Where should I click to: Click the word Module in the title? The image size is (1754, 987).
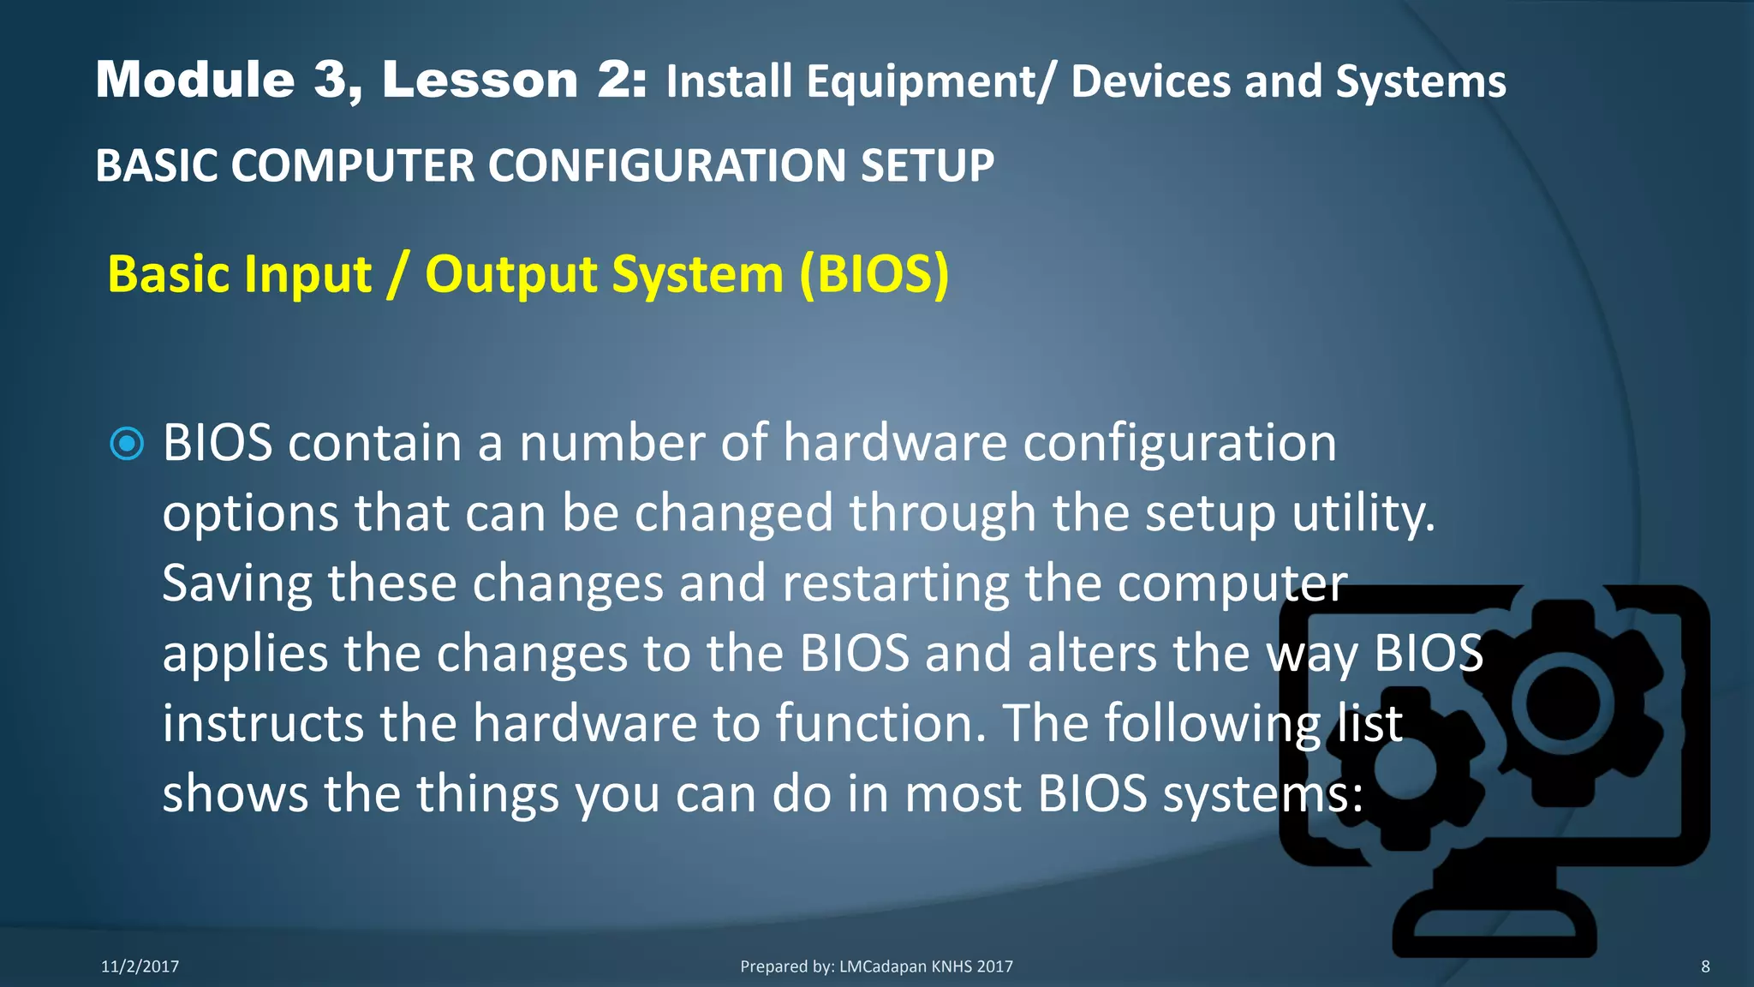(195, 80)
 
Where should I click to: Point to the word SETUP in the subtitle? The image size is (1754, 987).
(927, 165)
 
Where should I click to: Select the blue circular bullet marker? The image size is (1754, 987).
(128, 444)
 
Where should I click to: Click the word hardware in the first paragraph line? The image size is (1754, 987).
(895, 443)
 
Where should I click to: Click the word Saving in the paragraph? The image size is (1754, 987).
(237, 584)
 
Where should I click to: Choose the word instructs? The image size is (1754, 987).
(263, 723)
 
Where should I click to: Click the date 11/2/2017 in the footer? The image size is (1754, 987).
(140, 966)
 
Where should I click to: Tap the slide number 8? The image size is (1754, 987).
(1705, 966)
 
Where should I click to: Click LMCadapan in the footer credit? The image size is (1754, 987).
(882, 966)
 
